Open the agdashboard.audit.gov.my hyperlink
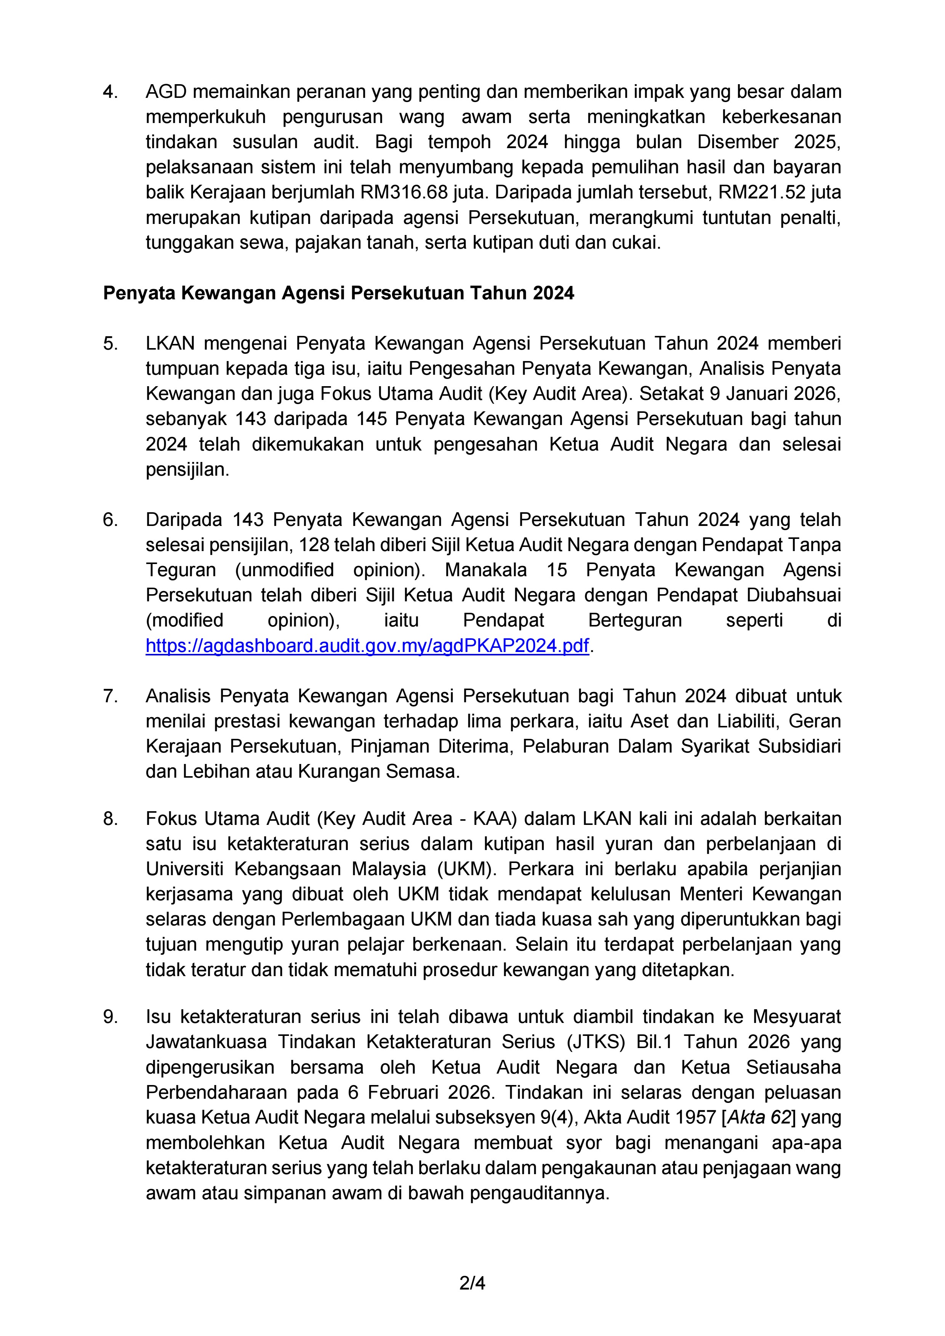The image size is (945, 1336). (x=367, y=646)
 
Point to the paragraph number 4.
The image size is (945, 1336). (x=110, y=92)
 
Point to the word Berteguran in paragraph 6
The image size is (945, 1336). (x=635, y=620)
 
